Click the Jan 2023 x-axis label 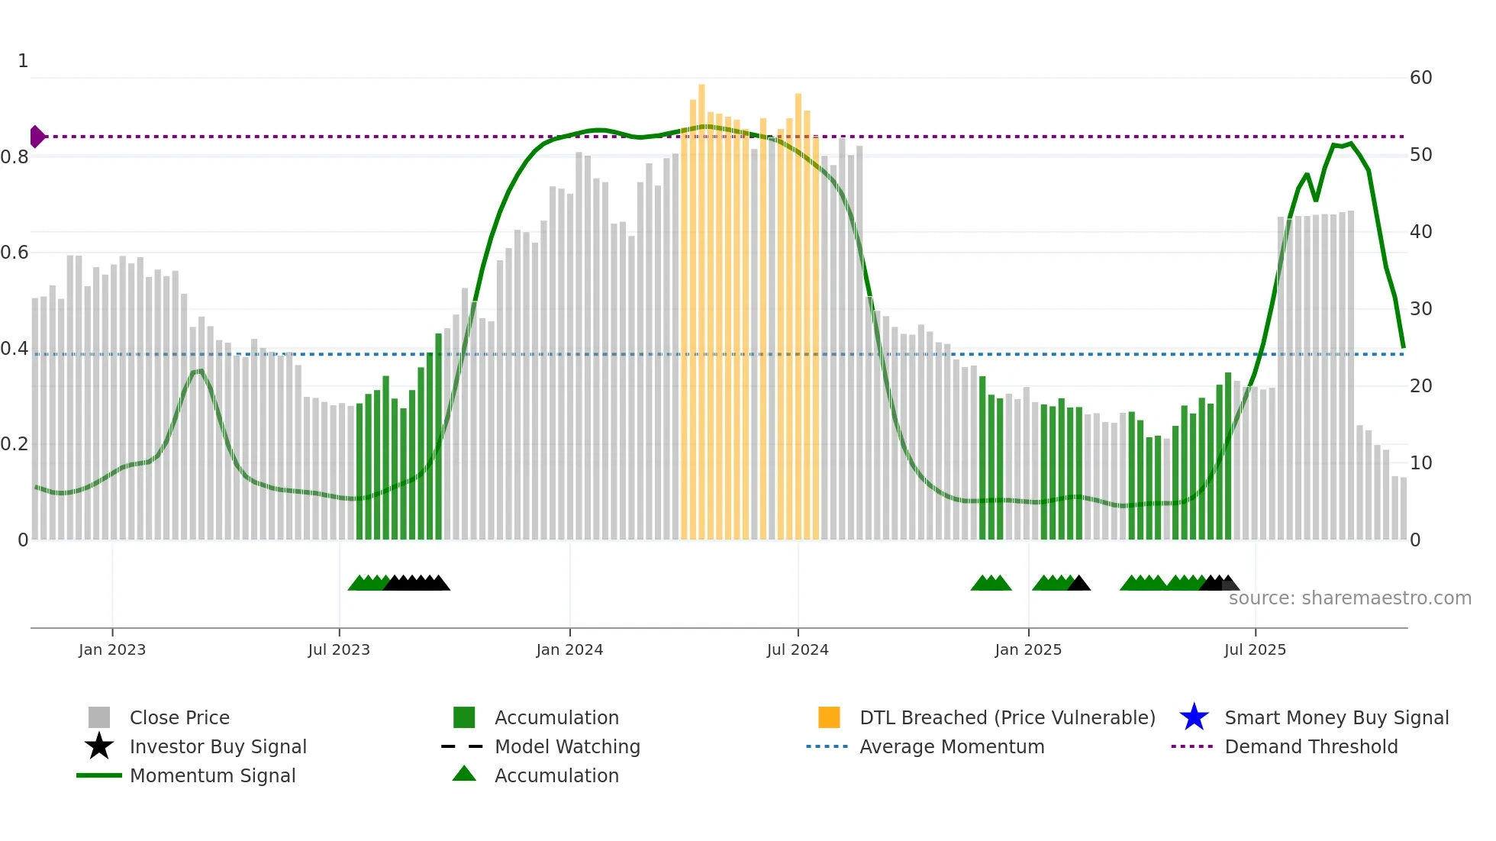pos(112,649)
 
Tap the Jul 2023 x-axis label pos(339,649)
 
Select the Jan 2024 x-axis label pos(569,649)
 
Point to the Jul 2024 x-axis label pos(798,649)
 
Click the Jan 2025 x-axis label pos(1028,649)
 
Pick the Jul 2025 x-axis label pos(1255,649)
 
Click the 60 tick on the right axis pos(1420,78)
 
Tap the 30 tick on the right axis pos(1420,309)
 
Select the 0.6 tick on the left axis pos(15,253)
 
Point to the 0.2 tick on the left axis pos(15,444)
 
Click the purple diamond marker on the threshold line pos(37,137)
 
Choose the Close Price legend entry pos(179,718)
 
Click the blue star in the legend pos(1194,717)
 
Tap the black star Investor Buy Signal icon pos(99,746)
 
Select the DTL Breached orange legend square pos(829,717)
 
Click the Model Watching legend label pos(567,747)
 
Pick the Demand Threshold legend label pos(1311,747)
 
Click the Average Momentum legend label pos(952,747)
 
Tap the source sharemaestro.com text pos(1349,598)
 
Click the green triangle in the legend pos(464,774)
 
